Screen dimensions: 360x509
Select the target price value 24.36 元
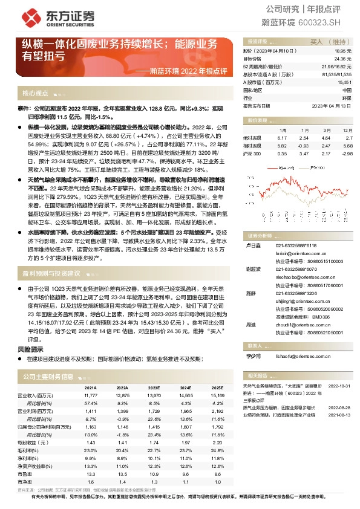342,59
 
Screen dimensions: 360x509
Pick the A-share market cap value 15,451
344,82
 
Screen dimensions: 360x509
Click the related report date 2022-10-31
338,384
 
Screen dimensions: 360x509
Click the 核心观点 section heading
35,93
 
